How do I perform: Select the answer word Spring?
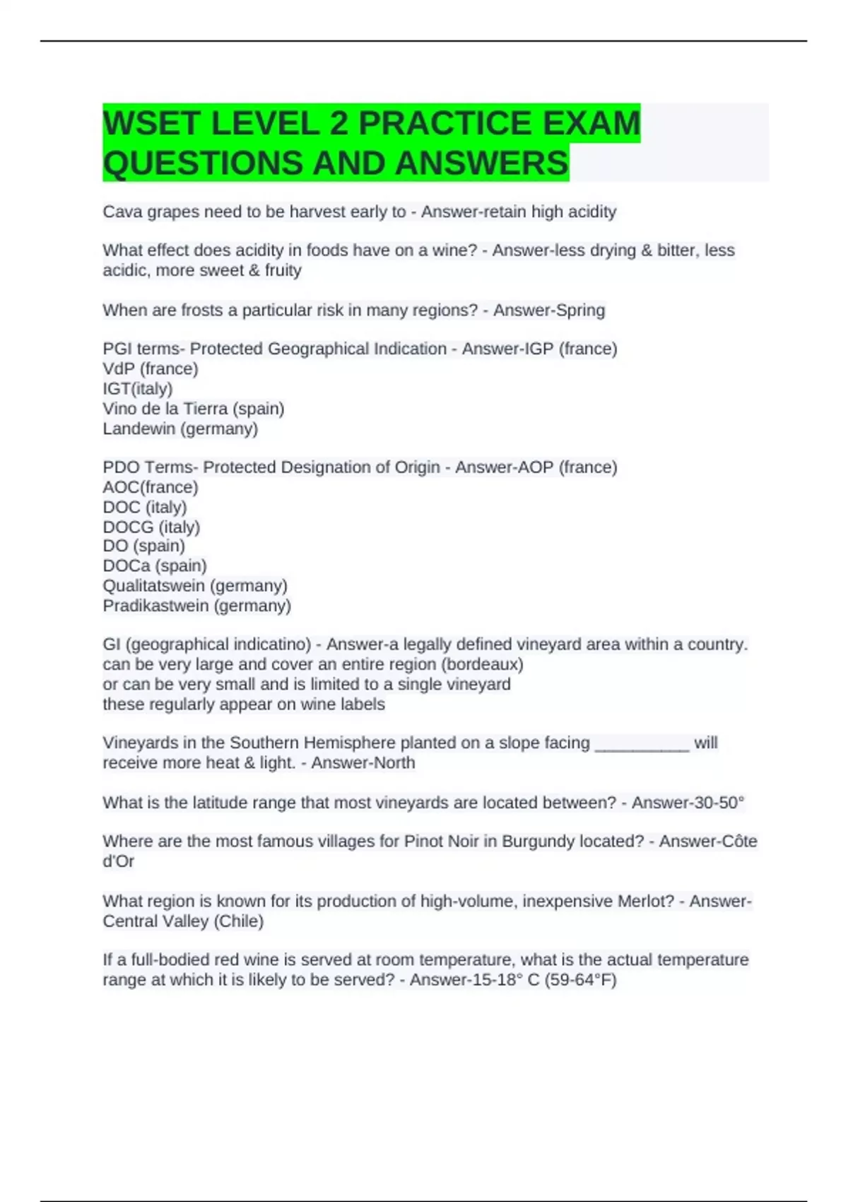[x=581, y=310]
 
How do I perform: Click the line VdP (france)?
[x=151, y=368]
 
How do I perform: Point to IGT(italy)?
[x=138, y=388]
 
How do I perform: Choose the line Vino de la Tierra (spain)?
[x=194, y=409]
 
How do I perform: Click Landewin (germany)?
[x=180, y=428]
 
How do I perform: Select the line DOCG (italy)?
[x=151, y=527]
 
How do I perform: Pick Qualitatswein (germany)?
[x=195, y=585]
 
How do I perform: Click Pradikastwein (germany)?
[x=196, y=605]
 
